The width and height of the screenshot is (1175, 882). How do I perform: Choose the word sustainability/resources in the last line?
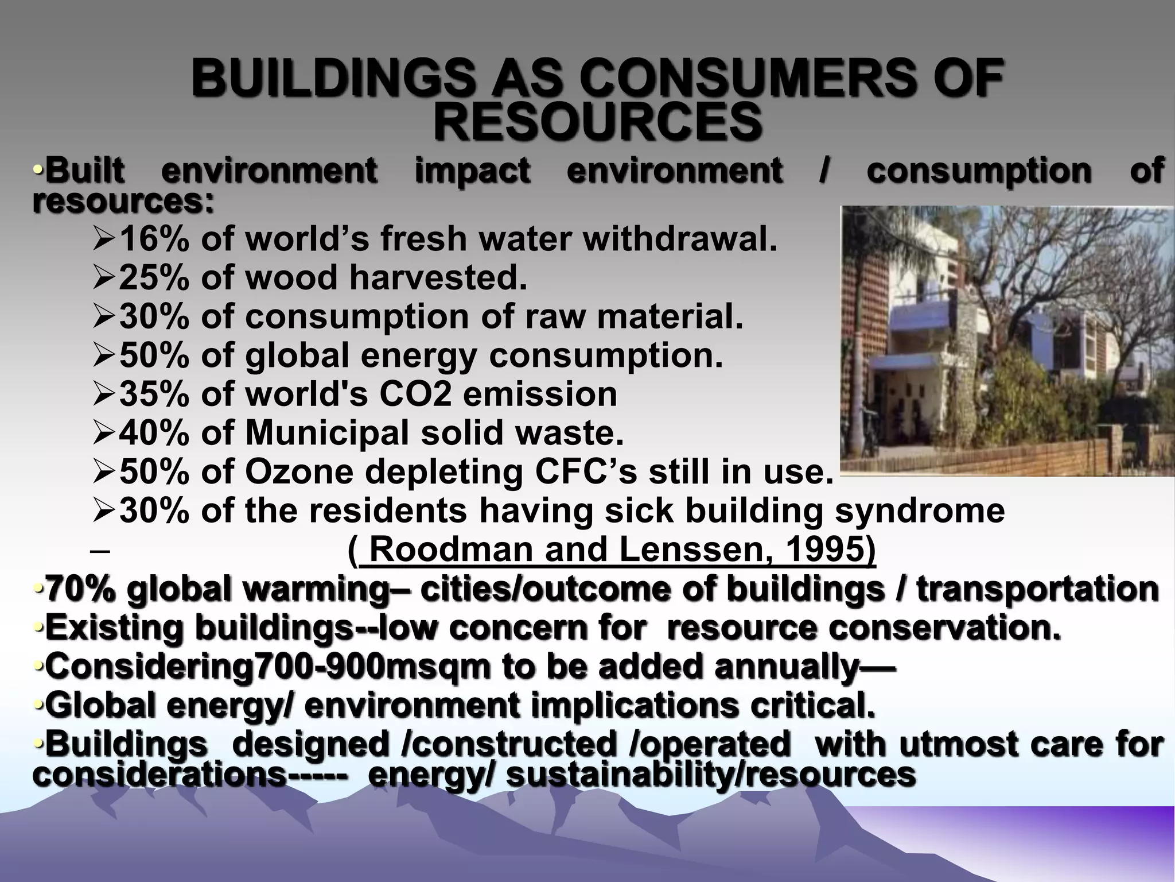[711, 774]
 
